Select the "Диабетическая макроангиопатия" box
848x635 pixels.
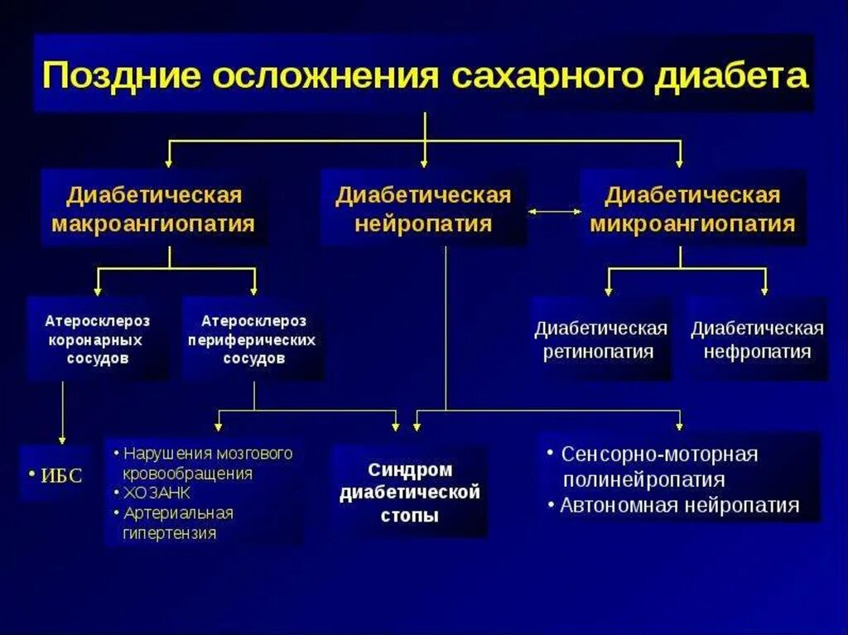pyautogui.click(x=154, y=209)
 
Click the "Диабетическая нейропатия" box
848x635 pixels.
pyautogui.click(x=423, y=209)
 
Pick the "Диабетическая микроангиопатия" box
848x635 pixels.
pyautogui.click(x=692, y=209)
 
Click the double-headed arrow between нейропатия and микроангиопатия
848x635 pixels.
pyautogui.click(x=555, y=212)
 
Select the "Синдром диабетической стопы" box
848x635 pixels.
pyautogui.click(x=410, y=493)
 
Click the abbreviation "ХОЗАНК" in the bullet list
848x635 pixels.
pyautogui.click(x=155, y=493)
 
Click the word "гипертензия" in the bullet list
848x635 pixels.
pyautogui.click(x=170, y=533)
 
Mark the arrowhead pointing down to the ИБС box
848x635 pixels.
pyautogui.click(x=61, y=439)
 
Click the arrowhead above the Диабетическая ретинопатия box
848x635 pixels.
pyautogui.click(x=609, y=291)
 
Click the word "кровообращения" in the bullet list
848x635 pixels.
pyautogui.click(x=187, y=474)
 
